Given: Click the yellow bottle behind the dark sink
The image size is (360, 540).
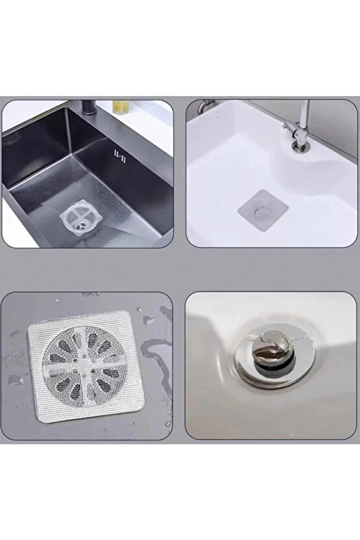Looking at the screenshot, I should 119,105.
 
